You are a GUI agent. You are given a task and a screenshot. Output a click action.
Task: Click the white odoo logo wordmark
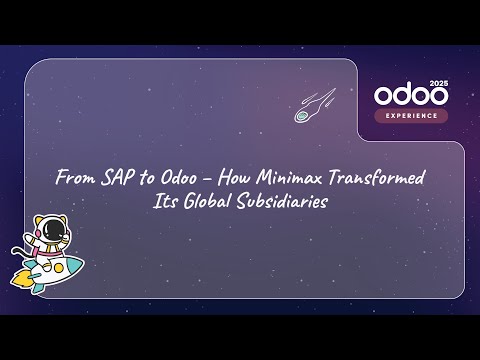[409, 95]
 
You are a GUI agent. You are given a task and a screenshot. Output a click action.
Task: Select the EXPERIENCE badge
[412, 116]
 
